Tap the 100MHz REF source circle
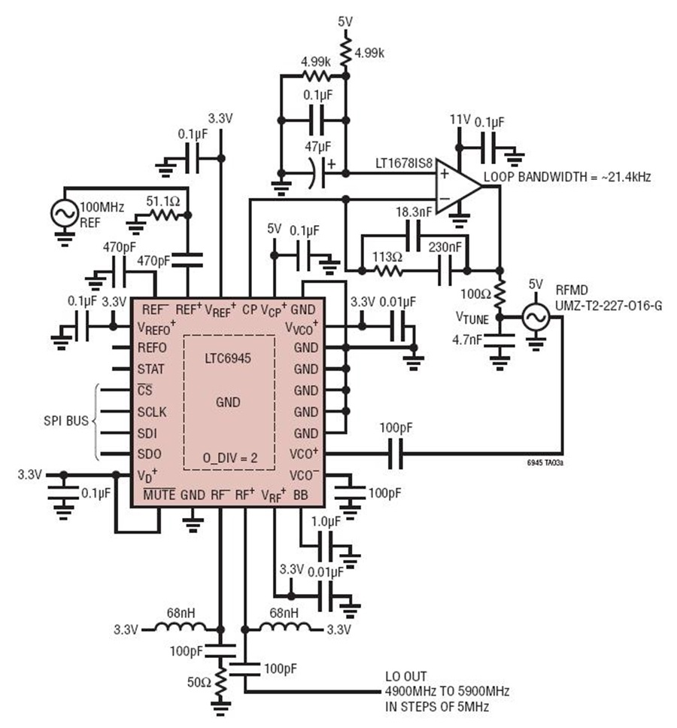[65, 214]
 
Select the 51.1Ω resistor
[163, 215]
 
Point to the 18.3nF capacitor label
[414, 212]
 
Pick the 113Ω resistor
[388, 270]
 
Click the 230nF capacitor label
[445, 247]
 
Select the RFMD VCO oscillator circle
[536, 317]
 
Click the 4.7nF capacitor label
[467, 340]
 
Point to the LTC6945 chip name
[228, 358]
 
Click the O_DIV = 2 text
[229, 458]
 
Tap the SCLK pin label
[152, 412]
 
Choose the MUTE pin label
[159, 495]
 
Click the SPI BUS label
[66, 421]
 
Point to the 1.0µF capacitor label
[326, 522]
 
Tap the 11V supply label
[460, 120]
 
